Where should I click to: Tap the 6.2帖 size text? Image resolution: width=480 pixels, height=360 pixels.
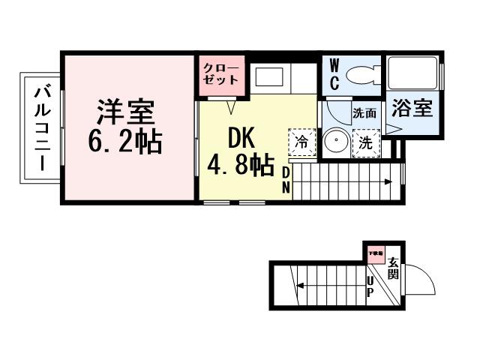[x=124, y=141]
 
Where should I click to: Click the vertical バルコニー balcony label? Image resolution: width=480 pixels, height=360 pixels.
[x=41, y=128]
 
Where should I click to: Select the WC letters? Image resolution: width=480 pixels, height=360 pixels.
[x=334, y=73]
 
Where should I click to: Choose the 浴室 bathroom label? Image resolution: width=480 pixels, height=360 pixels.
[x=413, y=108]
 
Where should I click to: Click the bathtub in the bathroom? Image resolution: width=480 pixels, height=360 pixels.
[x=413, y=73]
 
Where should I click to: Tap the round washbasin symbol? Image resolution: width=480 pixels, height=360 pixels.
[x=336, y=141]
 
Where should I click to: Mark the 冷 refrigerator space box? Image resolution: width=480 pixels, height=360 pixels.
[x=301, y=142]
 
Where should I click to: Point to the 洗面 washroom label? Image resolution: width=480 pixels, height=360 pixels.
[x=365, y=115]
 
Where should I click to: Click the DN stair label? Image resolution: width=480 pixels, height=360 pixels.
[x=286, y=181]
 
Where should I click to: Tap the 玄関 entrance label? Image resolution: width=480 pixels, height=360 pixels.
[x=393, y=268]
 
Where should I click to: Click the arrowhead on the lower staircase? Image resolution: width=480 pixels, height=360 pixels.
[x=299, y=285]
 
